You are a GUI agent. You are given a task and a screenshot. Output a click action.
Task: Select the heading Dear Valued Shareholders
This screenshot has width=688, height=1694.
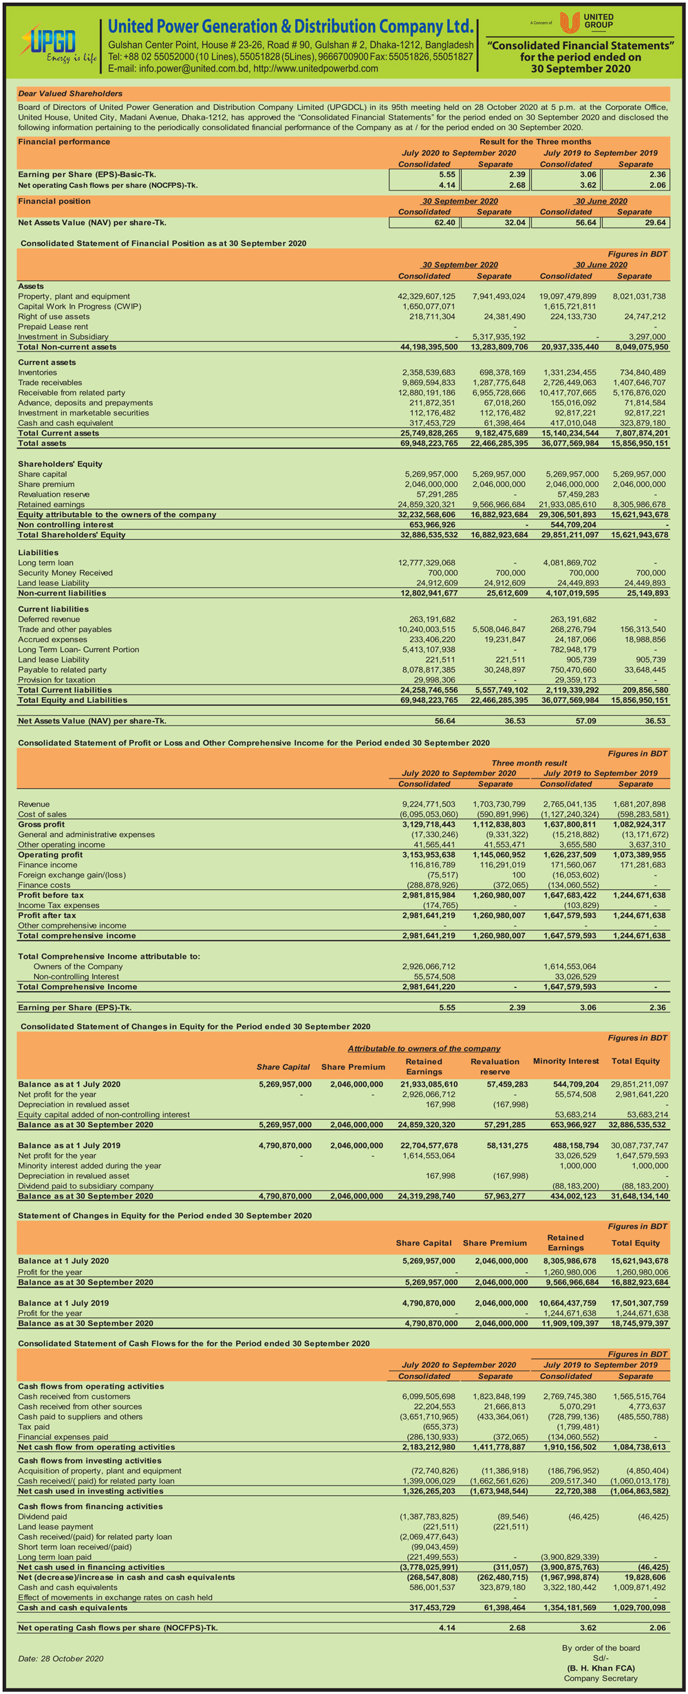70,94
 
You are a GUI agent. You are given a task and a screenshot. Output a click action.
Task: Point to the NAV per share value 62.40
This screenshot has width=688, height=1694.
441,223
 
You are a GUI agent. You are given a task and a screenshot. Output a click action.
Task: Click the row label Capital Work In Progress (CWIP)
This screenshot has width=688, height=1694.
79,307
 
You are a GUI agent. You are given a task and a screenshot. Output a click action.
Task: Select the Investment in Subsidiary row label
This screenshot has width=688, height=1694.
63,337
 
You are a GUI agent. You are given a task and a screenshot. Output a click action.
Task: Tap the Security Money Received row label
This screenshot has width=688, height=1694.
65,573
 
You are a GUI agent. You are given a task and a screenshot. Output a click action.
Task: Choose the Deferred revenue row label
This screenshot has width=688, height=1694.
49,619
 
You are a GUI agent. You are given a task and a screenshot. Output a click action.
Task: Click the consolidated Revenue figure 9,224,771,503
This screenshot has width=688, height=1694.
429,804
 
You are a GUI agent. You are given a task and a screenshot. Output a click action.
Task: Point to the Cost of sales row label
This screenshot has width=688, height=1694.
43,814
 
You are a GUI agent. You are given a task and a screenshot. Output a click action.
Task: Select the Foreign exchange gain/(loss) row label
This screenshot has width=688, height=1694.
72,875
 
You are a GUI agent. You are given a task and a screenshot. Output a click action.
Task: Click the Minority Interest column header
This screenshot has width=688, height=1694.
566,1061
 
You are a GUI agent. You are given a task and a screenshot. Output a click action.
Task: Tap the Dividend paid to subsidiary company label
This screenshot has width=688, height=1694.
86,1186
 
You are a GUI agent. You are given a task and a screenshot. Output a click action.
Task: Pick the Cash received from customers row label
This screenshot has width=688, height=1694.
74,1396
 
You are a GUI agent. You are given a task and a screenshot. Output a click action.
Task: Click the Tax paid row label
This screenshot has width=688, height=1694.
34,1426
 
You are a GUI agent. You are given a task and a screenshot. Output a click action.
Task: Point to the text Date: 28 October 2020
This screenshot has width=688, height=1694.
61,1658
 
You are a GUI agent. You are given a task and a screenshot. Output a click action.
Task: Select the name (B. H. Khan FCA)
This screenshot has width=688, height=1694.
601,1668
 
